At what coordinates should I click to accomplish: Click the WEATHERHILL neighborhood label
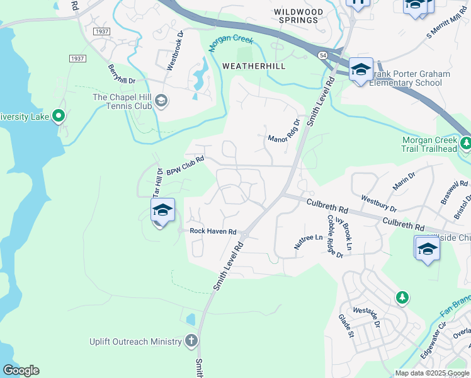pos(254,66)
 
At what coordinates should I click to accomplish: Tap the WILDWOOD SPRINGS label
pos(299,16)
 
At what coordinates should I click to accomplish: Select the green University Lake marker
pos(59,116)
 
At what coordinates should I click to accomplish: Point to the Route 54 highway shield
pos(323,56)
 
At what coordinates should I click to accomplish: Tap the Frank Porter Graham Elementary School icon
pos(361,70)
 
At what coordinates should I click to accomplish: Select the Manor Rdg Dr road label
pos(285,130)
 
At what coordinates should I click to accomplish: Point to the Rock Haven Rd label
pos(213,231)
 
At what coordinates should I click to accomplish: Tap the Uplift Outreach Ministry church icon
pos(192,341)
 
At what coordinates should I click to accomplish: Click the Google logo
pos(21,370)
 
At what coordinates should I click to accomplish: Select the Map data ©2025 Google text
pos(431,373)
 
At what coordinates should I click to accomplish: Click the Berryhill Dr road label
pos(122,74)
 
